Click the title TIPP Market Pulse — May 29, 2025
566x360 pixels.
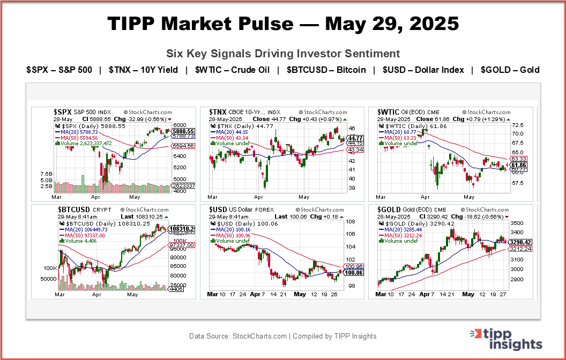283,24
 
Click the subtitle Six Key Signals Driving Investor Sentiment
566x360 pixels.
283,54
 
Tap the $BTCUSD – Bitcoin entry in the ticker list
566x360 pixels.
326,70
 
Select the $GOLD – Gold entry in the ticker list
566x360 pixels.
510,70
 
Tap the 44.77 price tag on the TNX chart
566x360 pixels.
356,138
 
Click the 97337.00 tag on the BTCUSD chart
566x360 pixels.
183,245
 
